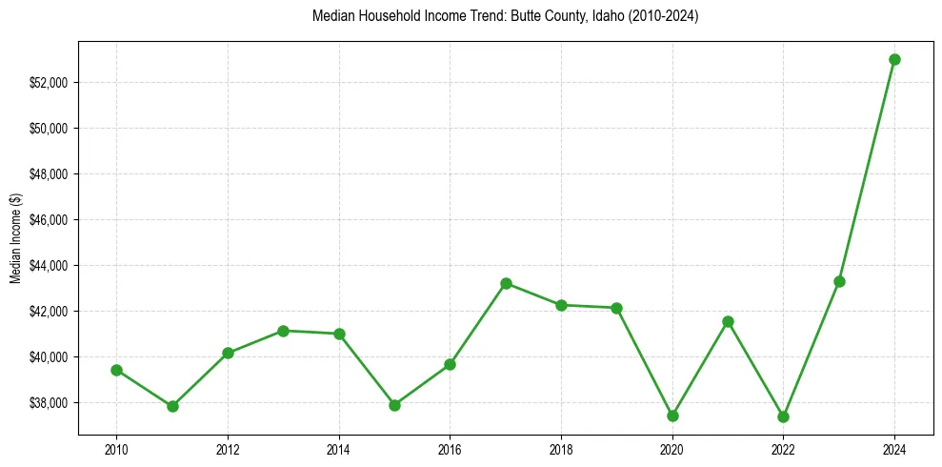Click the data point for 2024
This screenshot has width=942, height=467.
[x=894, y=59]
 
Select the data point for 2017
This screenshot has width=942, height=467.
[x=506, y=283]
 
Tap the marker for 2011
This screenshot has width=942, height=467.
[x=172, y=406]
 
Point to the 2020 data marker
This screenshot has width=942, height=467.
[x=672, y=416]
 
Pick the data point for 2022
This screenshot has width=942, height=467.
[x=783, y=416]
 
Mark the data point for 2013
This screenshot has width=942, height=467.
[x=283, y=331]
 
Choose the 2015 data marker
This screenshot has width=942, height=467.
[x=394, y=405]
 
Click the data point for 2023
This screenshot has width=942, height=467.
[x=839, y=281]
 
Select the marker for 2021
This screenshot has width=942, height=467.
[x=728, y=321]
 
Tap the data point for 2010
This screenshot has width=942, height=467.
[x=116, y=370]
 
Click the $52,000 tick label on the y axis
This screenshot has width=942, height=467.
[x=50, y=83]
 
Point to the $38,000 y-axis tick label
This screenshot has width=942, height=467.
[x=50, y=403]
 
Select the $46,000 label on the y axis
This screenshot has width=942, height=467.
[x=50, y=220]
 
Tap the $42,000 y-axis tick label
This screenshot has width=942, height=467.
[x=50, y=312]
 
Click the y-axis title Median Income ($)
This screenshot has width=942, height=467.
[x=15, y=237]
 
